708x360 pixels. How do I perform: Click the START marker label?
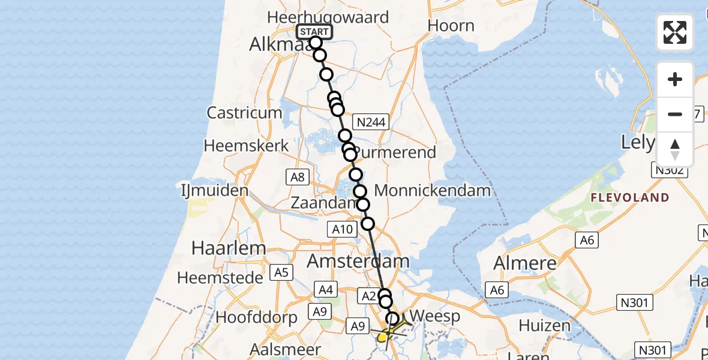click(x=314, y=32)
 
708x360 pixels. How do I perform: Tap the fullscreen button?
click(x=675, y=32)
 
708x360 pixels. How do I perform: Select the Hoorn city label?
click(x=452, y=26)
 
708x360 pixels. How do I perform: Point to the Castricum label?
click(x=244, y=112)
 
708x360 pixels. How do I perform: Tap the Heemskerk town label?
click(x=247, y=146)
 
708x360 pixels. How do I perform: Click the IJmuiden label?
click(x=215, y=191)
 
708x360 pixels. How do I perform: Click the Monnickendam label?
click(x=432, y=191)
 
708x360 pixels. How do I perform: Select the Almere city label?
click(x=524, y=263)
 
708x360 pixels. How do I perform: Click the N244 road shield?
click(x=372, y=122)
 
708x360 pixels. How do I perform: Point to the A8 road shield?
click(x=298, y=176)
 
